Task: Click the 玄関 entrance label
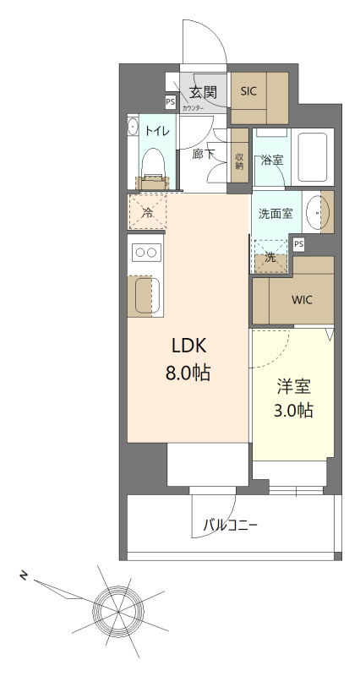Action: click(x=204, y=91)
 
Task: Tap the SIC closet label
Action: click(x=249, y=91)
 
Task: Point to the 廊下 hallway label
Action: click(x=204, y=154)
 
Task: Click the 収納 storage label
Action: click(x=240, y=160)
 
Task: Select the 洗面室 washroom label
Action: click(x=275, y=214)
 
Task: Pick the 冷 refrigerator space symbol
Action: click(x=148, y=213)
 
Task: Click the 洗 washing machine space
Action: click(x=270, y=258)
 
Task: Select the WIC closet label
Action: click(x=303, y=300)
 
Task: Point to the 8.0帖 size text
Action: click(x=188, y=372)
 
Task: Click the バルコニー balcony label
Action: click(x=230, y=526)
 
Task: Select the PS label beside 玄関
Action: click(x=170, y=102)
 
